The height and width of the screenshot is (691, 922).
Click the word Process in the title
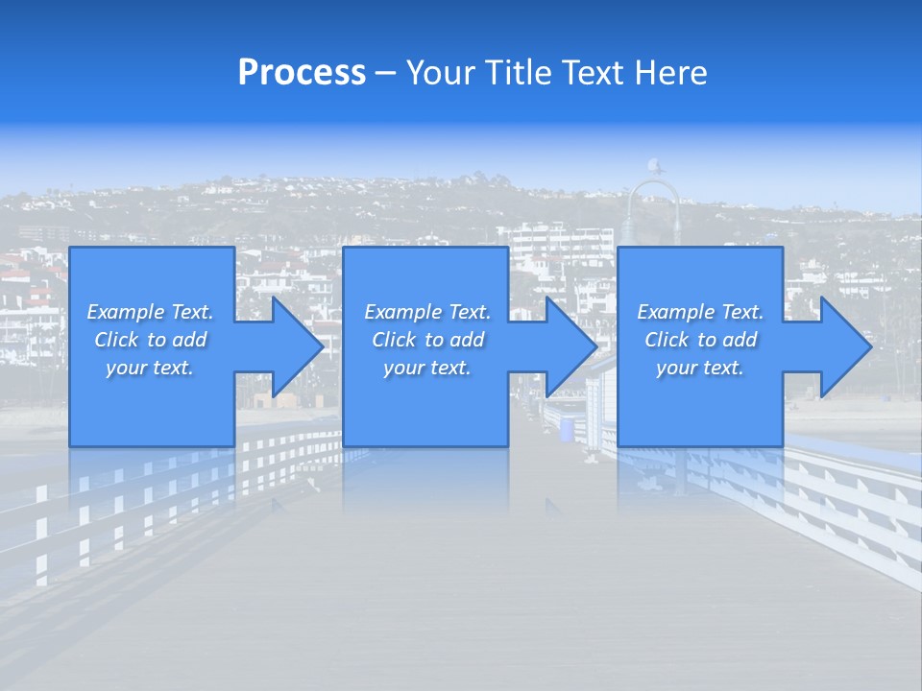coord(302,73)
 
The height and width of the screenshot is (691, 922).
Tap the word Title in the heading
coord(520,73)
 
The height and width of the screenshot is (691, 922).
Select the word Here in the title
coord(670,73)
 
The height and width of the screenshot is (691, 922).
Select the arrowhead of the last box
coord(840,346)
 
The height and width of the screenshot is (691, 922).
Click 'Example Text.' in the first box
coord(150,312)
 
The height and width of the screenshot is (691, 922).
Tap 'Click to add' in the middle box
coord(427,340)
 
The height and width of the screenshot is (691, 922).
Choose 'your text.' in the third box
coord(700,368)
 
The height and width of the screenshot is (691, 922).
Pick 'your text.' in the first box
coord(150,368)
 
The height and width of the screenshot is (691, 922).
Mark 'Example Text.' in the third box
coord(700,312)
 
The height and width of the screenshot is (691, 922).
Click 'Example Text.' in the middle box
coord(427,312)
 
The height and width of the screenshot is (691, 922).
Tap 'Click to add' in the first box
coord(150,340)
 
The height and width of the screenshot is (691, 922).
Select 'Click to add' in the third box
coord(700,340)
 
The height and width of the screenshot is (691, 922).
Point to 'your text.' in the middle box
coord(427,368)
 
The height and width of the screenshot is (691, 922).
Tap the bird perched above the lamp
coord(654,166)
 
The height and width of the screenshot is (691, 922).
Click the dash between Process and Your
coord(385,74)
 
